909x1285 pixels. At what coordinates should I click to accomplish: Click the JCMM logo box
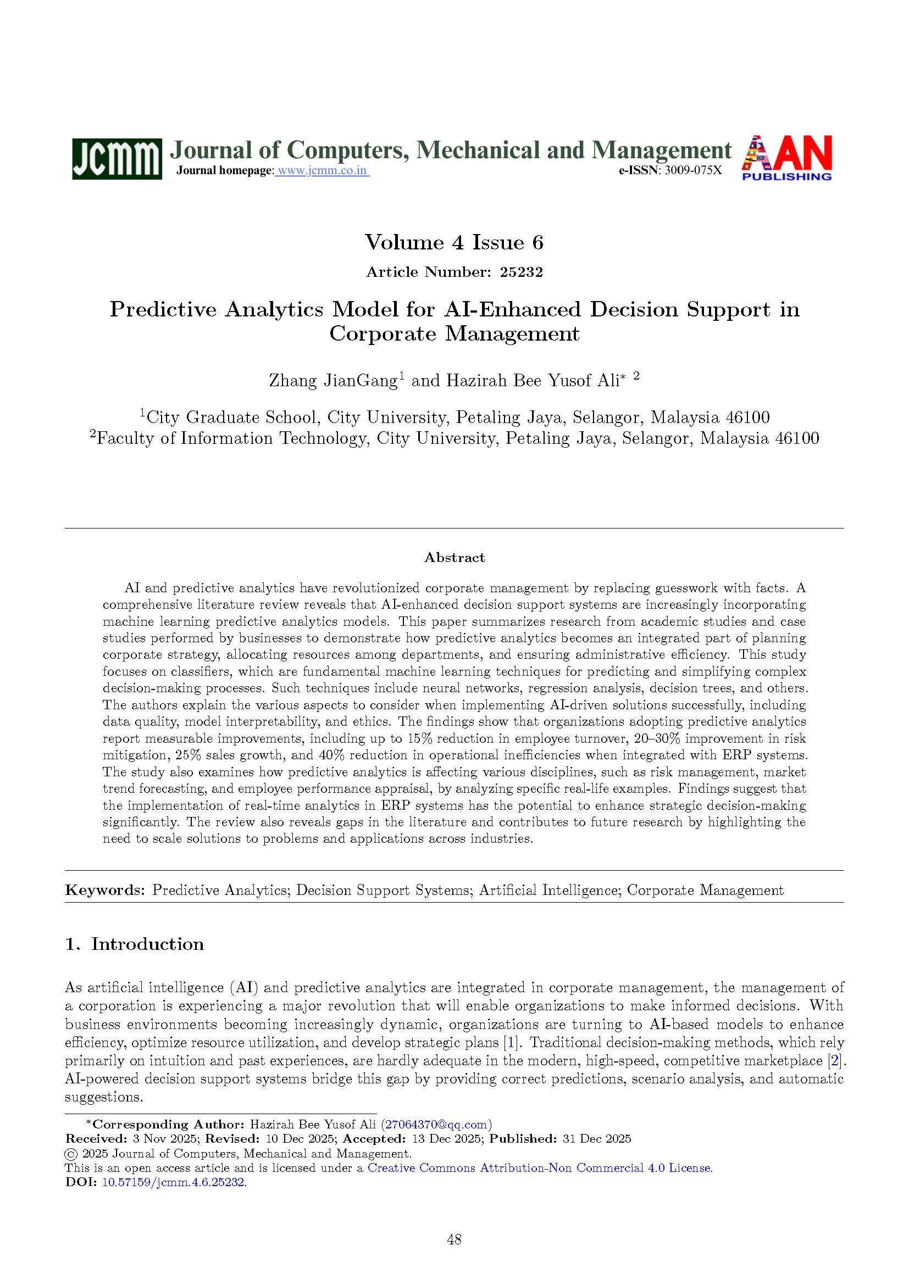(117, 159)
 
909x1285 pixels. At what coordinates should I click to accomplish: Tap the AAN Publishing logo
(786, 158)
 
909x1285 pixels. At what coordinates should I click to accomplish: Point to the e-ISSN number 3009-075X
(692, 171)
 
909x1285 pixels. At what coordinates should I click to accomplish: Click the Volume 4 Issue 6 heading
(454, 242)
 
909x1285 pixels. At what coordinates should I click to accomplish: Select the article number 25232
(521, 272)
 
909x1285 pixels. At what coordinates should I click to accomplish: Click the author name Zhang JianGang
(333, 381)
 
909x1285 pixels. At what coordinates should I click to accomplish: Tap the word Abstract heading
(454, 558)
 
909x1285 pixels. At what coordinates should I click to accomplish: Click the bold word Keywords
(104, 891)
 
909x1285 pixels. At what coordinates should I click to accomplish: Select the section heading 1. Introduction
(134, 944)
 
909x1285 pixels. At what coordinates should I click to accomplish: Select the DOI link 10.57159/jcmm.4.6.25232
(174, 1183)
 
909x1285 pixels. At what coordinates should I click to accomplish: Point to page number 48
(454, 1239)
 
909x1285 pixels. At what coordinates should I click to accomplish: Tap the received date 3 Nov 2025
(164, 1139)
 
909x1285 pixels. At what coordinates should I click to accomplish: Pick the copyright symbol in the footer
(71, 1154)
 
